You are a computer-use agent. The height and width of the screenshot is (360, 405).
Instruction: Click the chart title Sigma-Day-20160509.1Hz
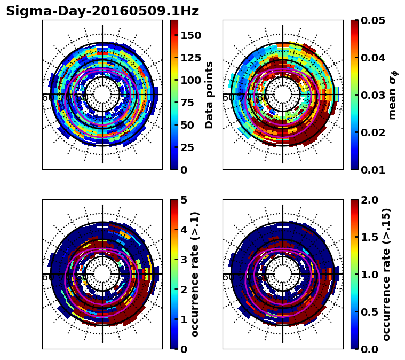pyautogui.click(x=102, y=12)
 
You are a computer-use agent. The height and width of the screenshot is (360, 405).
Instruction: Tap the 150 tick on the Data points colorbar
pyautogui.click(x=190, y=35)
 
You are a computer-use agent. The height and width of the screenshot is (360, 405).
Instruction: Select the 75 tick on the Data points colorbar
pyautogui.click(x=188, y=103)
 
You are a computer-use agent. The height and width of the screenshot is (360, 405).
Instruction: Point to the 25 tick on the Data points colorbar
pyautogui.click(x=188, y=147)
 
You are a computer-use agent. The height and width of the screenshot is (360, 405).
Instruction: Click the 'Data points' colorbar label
pyautogui.click(x=209, y=95)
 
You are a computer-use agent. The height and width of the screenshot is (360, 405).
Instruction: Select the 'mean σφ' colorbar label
pyautogui.click(x=393, y=95)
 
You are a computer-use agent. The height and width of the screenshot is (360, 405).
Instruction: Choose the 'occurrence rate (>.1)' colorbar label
pyautogui.click(x=195, y=275)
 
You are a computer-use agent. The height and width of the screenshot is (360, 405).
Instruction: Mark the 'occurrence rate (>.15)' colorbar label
pyautogui.click(x=386, y=275)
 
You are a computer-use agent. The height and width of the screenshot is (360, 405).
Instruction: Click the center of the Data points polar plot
pyautogui.click(x=102, y=95)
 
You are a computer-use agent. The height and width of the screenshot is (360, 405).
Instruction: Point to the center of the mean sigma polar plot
pyautogui.click(x=283, y=95)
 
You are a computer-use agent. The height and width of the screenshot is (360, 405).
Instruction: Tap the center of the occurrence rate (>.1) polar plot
pyautogui.click(x=102, y=274)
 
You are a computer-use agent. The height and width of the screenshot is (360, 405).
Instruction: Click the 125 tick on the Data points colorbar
pyautogui.click(x=190, y=58)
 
